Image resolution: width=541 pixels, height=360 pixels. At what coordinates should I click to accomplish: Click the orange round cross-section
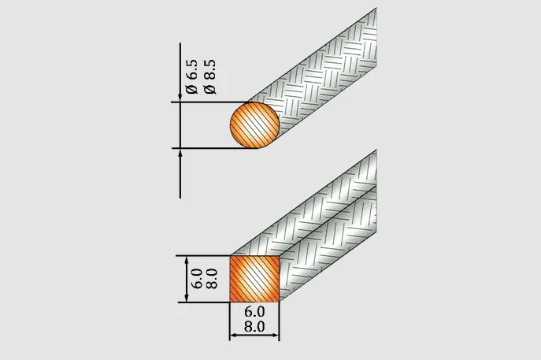coord(254,126)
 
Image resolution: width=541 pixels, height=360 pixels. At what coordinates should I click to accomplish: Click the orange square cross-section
coord(254,277)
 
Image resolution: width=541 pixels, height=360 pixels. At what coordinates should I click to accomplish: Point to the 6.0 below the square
coord(254,311)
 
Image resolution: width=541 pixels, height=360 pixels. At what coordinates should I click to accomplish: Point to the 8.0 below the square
coord(254,324)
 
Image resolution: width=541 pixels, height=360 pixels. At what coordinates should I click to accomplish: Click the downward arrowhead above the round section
coord(183,97)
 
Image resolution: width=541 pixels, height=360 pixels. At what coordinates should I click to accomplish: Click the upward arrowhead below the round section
coord(183,154)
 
